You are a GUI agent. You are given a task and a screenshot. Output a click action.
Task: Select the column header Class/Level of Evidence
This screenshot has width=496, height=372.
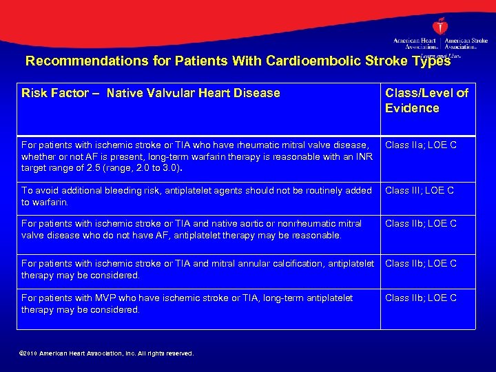click(x=426, y=101)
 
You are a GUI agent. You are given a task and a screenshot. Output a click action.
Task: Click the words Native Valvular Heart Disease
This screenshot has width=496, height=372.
click(x=194, y=93)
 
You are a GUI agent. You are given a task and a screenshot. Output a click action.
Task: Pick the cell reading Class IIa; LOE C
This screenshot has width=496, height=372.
click(x=420, y=145)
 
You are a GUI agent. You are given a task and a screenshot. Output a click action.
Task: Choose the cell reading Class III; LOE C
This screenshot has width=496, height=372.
click(x=419, y=190)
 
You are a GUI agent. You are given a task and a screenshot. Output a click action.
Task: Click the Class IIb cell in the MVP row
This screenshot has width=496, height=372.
click(x=420, y=298)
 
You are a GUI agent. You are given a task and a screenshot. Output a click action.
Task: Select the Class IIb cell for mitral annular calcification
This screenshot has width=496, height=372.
click(x=420, y=263)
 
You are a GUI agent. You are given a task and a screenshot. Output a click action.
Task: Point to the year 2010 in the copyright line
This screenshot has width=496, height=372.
click(x=29, y=353)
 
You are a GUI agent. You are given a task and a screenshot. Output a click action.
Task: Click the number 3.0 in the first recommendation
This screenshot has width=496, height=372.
click(x=169, y=167)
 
